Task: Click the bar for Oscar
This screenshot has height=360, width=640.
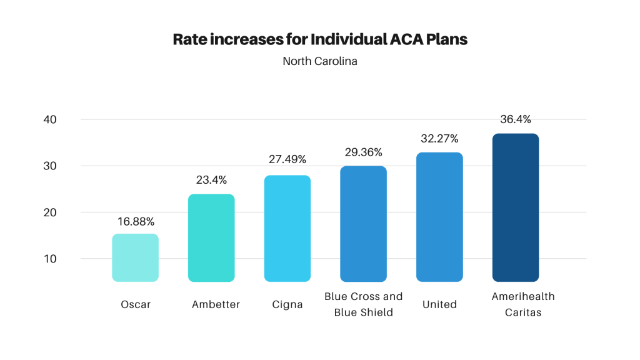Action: pyautogui.click(x=135, y=257)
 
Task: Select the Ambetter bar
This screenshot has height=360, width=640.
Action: pyautogui.click(x=211, y=237)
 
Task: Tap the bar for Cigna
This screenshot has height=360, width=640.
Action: pyautogui.click(x=287, y=228)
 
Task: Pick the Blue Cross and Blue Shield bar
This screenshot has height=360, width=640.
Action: pyautogui.click(x=363, y=224)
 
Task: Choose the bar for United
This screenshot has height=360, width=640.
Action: pyautogui.click(x=439, y=217)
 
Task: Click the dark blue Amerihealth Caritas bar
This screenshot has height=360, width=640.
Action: pyautogui.click(x=516, y=207)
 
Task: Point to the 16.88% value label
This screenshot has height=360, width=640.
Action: pyautogui.click(x=136, y=222)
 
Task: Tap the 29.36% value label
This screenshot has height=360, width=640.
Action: pyautogui.click(x=363, y=152)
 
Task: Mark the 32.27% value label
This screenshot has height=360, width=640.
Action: pyautogui.click(x=439, y=139)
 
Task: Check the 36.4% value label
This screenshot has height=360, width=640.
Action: pyautogui.click(x=516, y=119)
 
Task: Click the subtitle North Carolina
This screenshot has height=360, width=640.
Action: pyautogui.click(x=320, y=61)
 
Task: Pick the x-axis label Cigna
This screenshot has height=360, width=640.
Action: pyautogui.click(x=287, y=304)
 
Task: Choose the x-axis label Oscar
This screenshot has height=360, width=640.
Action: pyautogui.click(x=136, y=304)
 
